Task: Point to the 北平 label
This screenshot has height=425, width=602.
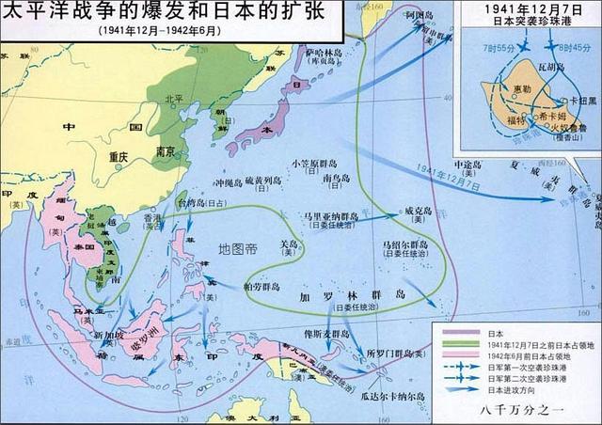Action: pyautogui.click(x=173, y=97)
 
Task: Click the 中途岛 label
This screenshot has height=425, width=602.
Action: pyautogui.click(x=467, y=165)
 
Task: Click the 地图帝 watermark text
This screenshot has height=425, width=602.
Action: pyautogui.click(x=236, y=249)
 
